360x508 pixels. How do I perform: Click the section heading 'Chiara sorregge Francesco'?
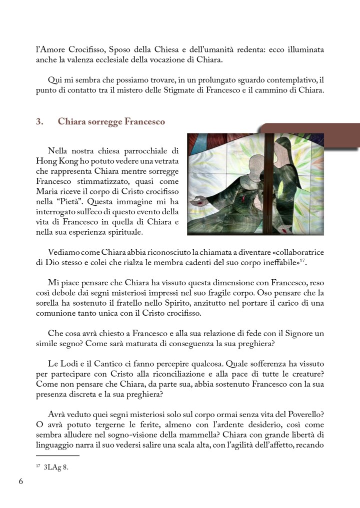click(111, 121)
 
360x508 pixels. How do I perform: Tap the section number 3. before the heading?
click(39, 121)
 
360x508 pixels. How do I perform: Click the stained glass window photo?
click(255, 184)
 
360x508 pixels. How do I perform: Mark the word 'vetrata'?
click(163, 161)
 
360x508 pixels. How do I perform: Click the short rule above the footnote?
click(57, 456)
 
